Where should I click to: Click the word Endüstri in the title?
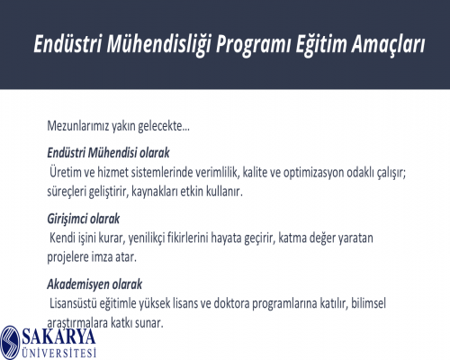pyautogui.click(x=67, y=43)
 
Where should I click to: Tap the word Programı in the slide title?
pyautogui.click(x=254, y=45)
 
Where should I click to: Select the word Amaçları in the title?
pyautogui.click(x=389, y=45)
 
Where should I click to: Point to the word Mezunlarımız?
pyautogui.click(x=78, y=126)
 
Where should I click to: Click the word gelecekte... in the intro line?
pyautogui.click(x=164, y=126)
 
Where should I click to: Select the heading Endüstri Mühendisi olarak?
pyautogui.click(x=108, y=153)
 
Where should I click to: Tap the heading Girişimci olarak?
pyautogui.click(x=84, y=219)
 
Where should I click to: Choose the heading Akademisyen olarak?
pyautogui.click(x=94, y=284)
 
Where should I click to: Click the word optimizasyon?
pyautogui.click(x=314, y=173)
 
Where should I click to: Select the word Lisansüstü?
pyautogui.click(x=73, y=303)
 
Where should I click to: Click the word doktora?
pyautogui.click(x=231, y=303)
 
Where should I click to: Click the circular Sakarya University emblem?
pyautogui.click(x=10, y=343)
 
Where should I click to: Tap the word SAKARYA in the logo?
pyautogui.click(x=58, y=336)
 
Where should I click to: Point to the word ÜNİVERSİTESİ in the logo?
pyautogui.click(x=59, y=353)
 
